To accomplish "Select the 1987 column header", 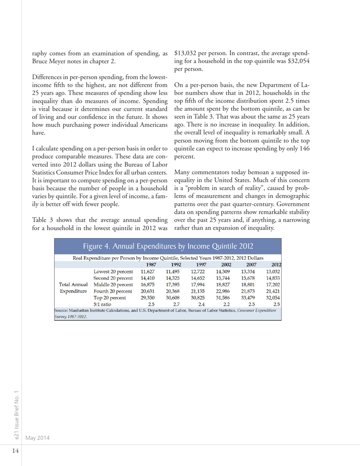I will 145,264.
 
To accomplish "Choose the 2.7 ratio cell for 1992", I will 176,304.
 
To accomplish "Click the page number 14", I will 15,450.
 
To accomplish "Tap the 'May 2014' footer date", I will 38,438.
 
